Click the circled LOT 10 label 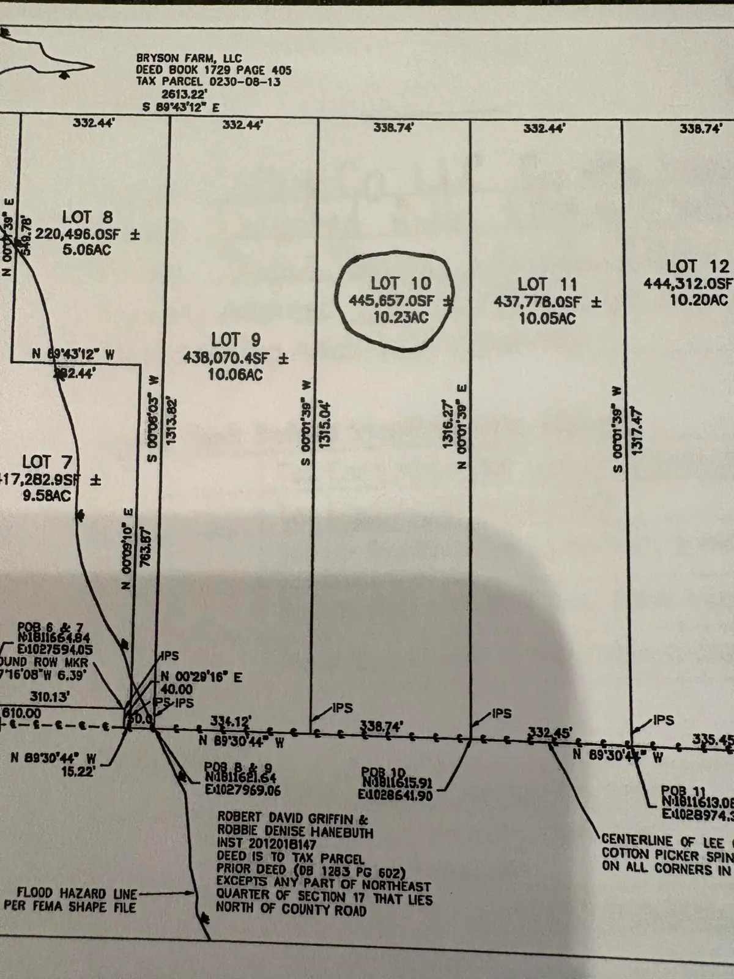[401, 284]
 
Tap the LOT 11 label [547, 285]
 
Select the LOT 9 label [236, 339]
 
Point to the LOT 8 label [87, 217]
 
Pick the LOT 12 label [697, 266]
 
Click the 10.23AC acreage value [401, 318]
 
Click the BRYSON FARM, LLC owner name [189, 59]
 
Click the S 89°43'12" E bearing [181, 106]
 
